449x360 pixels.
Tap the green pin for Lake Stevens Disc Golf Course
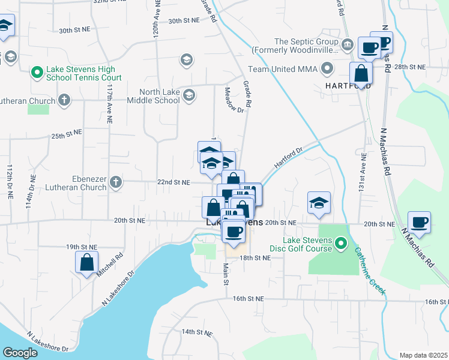click(x=341, y=244)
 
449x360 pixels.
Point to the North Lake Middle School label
click(x=160, y=96)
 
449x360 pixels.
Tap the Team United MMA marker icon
click(x=327, y=69)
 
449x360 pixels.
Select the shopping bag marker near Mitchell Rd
click(x=86, y=262)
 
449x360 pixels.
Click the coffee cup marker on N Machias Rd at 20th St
click(x=419, y=223)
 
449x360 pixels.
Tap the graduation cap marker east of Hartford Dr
click(x=319, y=203)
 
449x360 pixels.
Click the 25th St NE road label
click(x=66, y=136)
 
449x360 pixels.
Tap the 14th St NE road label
click(x=197, y=332)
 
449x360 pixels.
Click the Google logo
click(x=20, y=353)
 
